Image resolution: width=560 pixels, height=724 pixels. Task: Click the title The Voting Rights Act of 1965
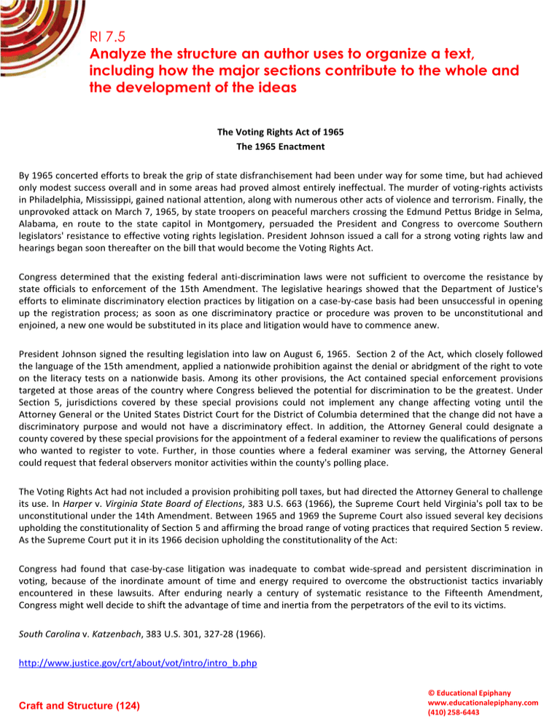coord(279,132)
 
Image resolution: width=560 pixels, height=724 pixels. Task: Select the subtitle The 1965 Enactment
coord(279,146)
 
